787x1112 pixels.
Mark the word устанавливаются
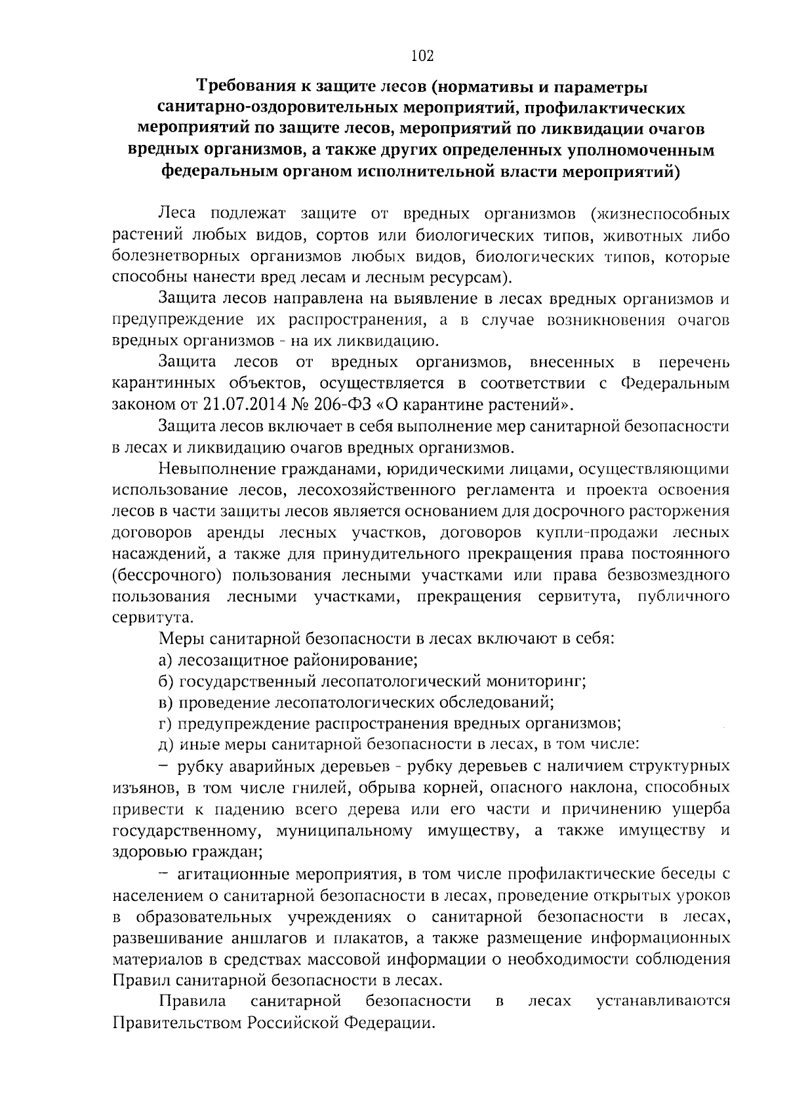pos(663,1001)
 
